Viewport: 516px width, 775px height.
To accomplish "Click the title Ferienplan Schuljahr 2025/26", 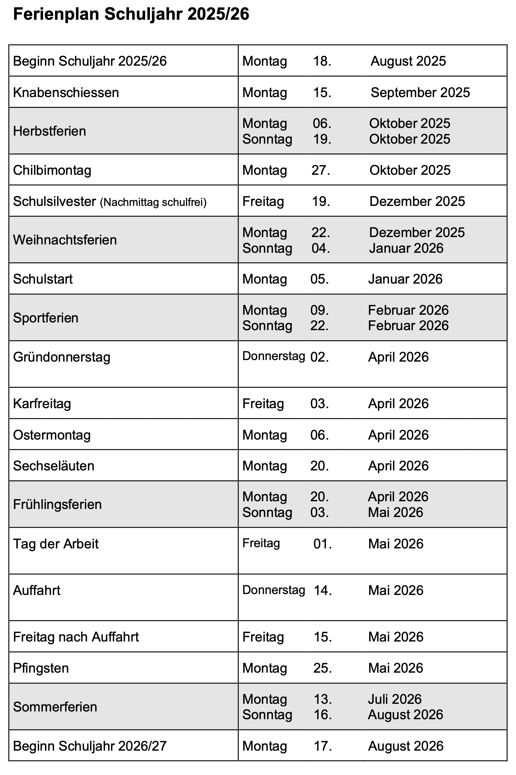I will click(x=131, y=15).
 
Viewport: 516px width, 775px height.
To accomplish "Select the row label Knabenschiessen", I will click(x=66, y=92).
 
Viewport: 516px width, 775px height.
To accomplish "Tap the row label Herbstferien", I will click(x=49, y=131).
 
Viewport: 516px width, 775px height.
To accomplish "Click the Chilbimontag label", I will click(x=52, y=170).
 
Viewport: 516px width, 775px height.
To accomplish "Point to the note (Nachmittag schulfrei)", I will click(x=153, y=202).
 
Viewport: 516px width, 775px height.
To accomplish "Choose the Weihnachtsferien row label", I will click(x=65, y=240).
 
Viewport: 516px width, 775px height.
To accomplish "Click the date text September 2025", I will click(x=420, y=92).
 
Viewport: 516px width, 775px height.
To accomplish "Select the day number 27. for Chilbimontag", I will click(x=320, y=170).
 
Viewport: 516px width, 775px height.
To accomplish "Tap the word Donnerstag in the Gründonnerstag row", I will click(x=273, y=356).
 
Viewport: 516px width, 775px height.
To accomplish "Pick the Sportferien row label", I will click(x=46, y=318).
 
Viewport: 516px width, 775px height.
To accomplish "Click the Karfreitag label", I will click(x=42, y=404).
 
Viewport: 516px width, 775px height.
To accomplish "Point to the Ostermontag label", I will click(x=52, y=435).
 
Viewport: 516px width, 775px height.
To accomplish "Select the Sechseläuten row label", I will click(x=54, y=466).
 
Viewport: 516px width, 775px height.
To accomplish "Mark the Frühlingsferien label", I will click(x=57, y=504).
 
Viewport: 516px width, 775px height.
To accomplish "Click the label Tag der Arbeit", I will click(x=56, y=544).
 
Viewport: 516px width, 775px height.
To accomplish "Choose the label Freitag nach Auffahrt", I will click(x=76, y=637).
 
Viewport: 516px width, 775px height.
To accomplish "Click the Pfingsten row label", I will click(x=41, y=668).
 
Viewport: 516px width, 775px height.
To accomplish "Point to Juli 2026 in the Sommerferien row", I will click(x=395, y=699).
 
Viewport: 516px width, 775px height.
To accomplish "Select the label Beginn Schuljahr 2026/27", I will click(x=90, y=746).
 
